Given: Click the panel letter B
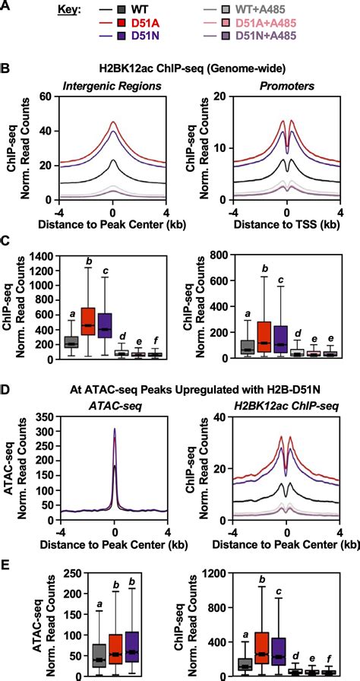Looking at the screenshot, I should tap(6, 69).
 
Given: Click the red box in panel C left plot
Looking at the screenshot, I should tap(87, 326).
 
